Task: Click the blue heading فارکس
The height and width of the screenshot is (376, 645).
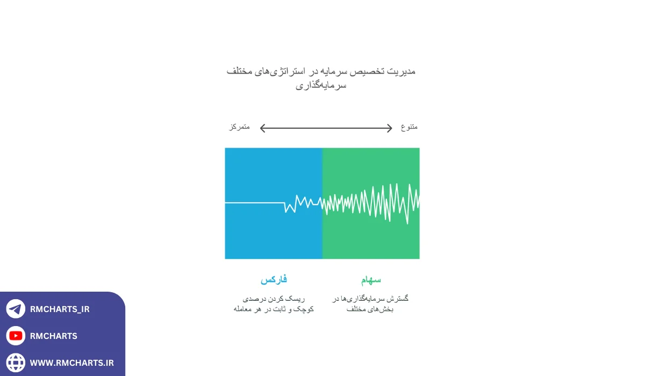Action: tap(274, 279)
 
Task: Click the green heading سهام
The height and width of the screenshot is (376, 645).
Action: tap(371, 280)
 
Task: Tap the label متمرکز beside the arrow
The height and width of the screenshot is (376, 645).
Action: tap(239, 127)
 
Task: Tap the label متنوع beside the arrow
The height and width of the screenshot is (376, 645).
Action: tap(409, 127)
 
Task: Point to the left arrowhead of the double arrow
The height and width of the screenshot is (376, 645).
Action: tap(262, 128)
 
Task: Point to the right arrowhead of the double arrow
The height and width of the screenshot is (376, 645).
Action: tap(390, 128)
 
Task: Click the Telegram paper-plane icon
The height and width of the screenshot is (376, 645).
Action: tap(16, 309)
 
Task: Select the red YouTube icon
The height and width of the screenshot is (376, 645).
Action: tap(16, 336)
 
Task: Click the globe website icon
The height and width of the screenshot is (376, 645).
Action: tap(16, 363)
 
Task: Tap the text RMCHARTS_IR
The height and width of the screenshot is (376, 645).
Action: tap(60, 309)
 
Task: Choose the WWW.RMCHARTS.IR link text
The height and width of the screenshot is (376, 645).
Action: tap(71, 363)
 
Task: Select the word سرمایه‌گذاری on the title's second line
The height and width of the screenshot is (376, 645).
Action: tap(321, 85)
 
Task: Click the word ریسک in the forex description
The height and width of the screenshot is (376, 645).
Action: tap(296, 299)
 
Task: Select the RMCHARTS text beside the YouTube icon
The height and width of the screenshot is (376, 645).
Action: tap(54, 336)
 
